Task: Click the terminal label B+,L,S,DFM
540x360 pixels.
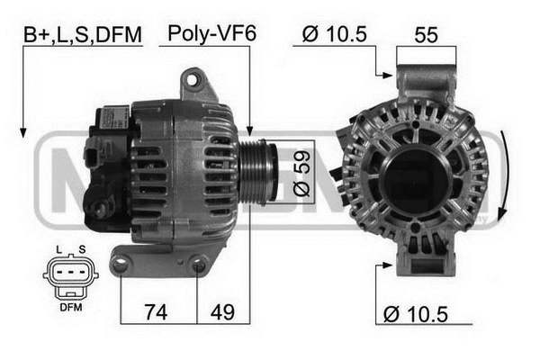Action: coord(83,34)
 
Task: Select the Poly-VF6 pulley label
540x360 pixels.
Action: coord(212,34)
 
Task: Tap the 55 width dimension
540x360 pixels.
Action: coord(427,35)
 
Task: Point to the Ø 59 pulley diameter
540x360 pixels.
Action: coord(301,174)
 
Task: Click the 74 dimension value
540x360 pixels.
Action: coord(156,312)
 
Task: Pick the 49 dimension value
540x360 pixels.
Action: coord(222,312)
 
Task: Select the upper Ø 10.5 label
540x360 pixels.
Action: coord(335,34)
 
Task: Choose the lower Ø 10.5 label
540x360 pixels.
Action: coord(416,314)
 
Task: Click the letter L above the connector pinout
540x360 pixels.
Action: coord(58,250)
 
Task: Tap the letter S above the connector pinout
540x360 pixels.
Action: coord(82,250)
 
